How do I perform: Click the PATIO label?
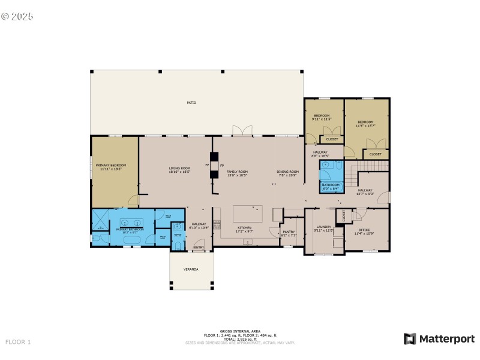coord(191,103)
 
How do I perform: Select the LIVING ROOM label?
coord(179,169)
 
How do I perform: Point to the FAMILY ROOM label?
coord(237,172)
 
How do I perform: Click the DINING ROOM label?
coord(287,172)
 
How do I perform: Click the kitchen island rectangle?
coord(247,214)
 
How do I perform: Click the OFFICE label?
coord(364,230)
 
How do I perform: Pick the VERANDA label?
coord(191,269)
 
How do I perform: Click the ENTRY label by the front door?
coord(199,247)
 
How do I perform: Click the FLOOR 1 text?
coord(18,342)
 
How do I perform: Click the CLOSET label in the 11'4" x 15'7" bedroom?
coord(375,154)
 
